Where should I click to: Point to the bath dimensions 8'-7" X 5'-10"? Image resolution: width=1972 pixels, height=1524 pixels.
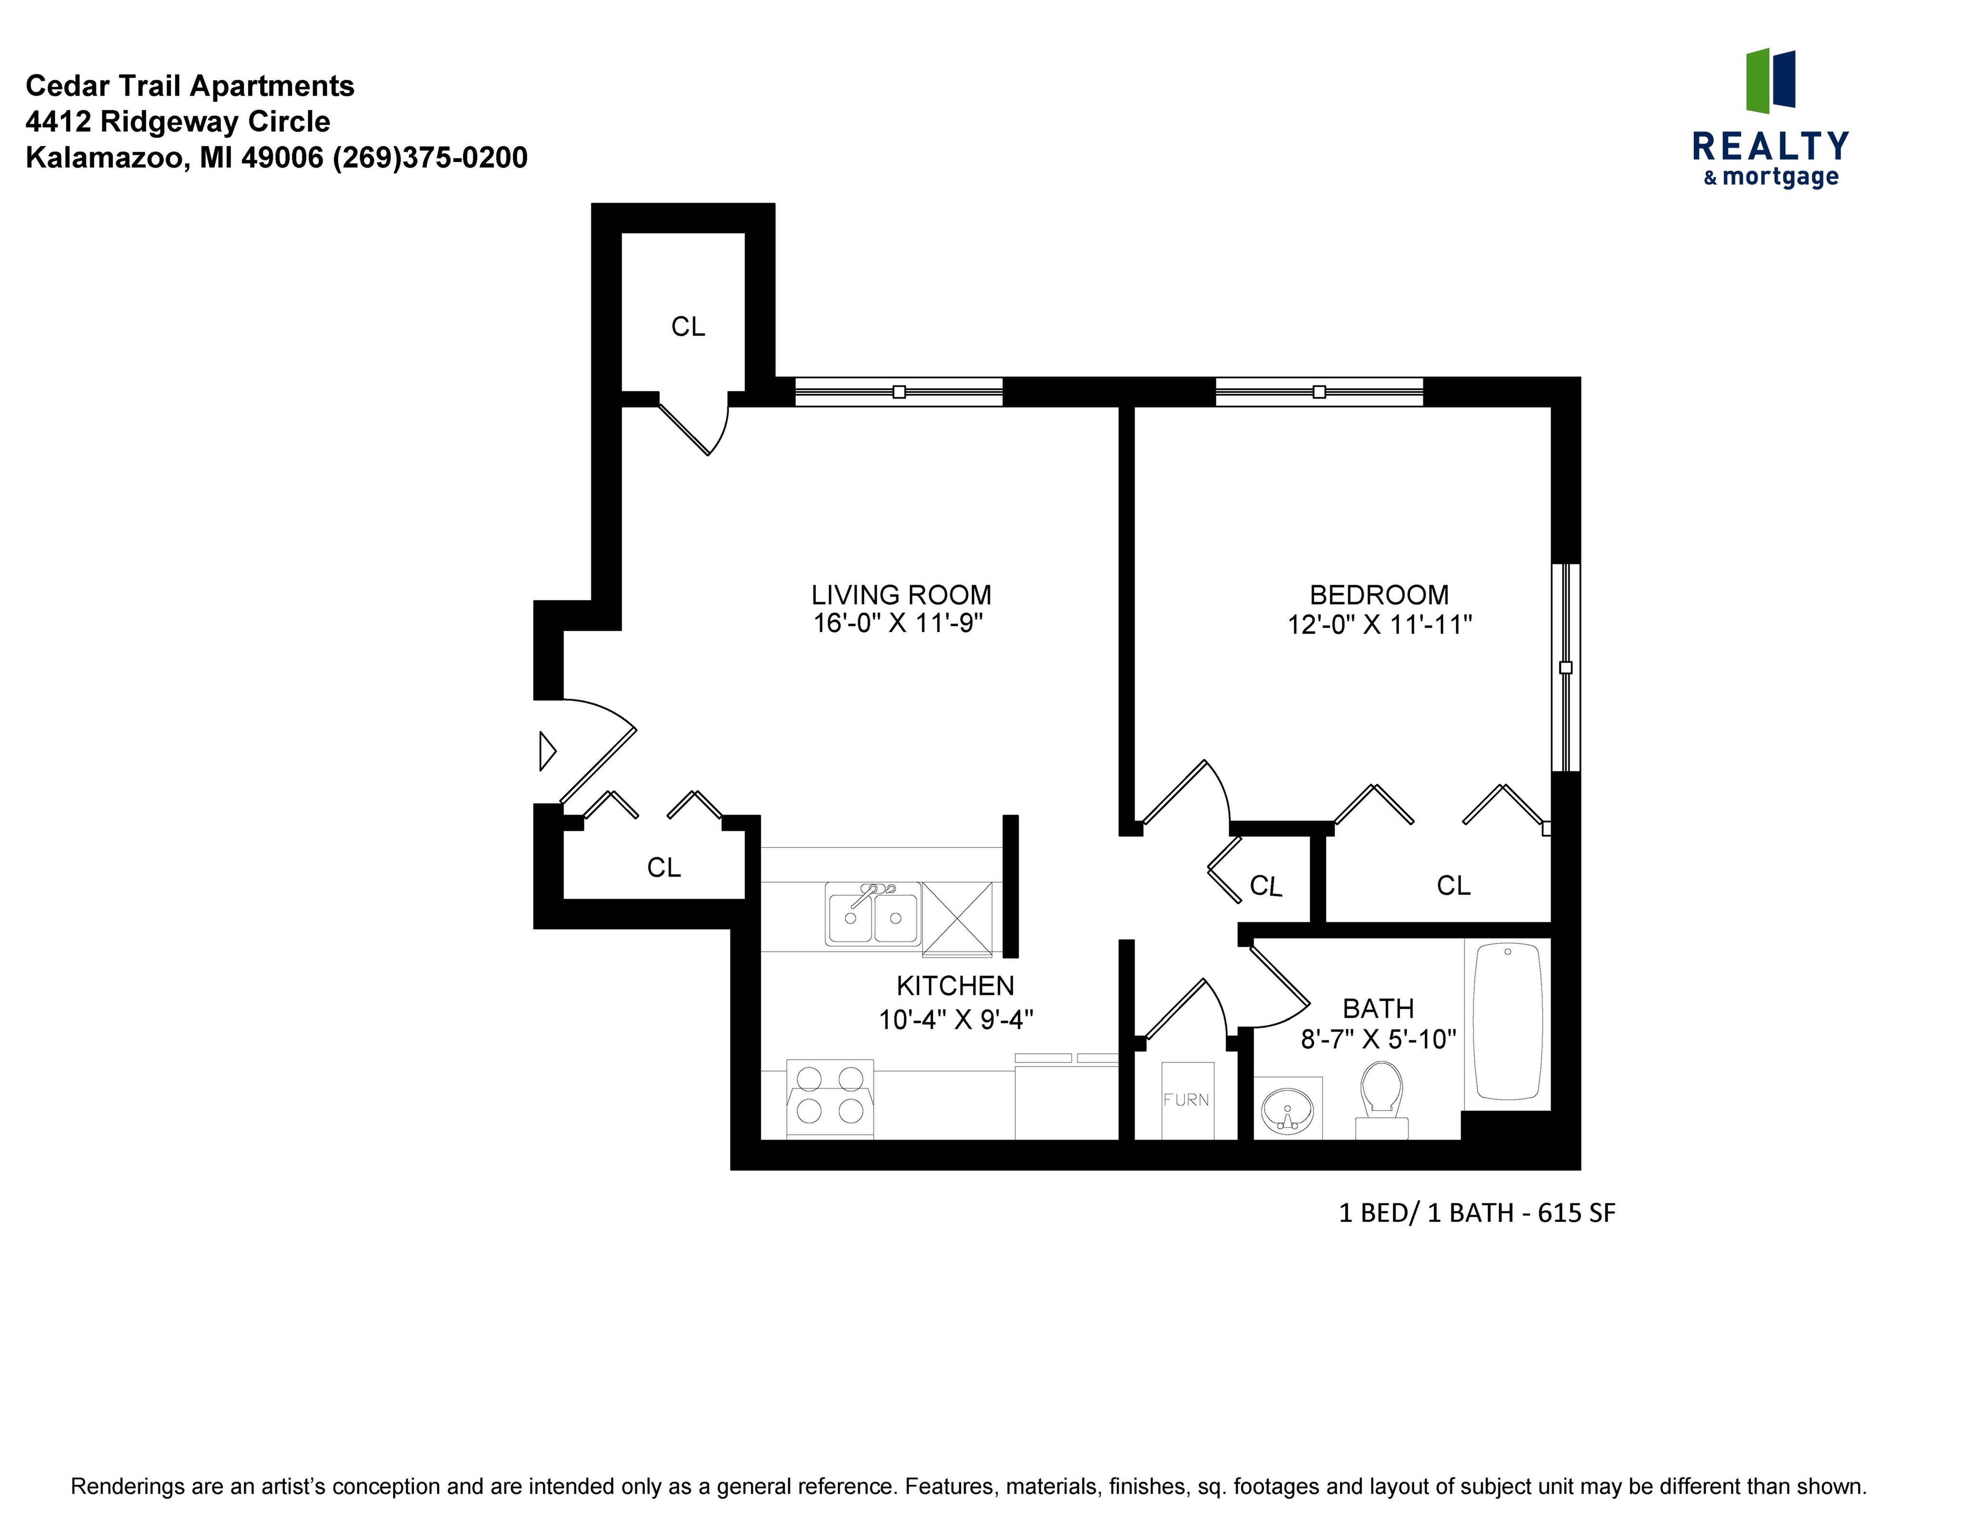tap(1378, 1039)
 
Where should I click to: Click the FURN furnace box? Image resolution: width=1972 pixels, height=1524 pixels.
tap(1186, 1100)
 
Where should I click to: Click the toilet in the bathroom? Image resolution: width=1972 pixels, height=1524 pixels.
tap(1381, 1097)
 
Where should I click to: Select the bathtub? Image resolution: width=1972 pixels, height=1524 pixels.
tap(1507, 1021)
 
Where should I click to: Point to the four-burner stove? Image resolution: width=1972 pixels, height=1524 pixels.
tap(830, 1097)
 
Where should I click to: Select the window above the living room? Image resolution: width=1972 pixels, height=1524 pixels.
tap(898, 392)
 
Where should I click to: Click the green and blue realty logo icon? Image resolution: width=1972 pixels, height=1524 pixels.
tap(1770, 81)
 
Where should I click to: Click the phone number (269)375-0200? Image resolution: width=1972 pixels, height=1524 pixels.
tap(430, 158)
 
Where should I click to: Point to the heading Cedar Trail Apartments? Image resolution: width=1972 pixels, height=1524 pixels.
tap(190, 86)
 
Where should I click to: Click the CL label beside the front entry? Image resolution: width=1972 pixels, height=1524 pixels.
tap(663, 868)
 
